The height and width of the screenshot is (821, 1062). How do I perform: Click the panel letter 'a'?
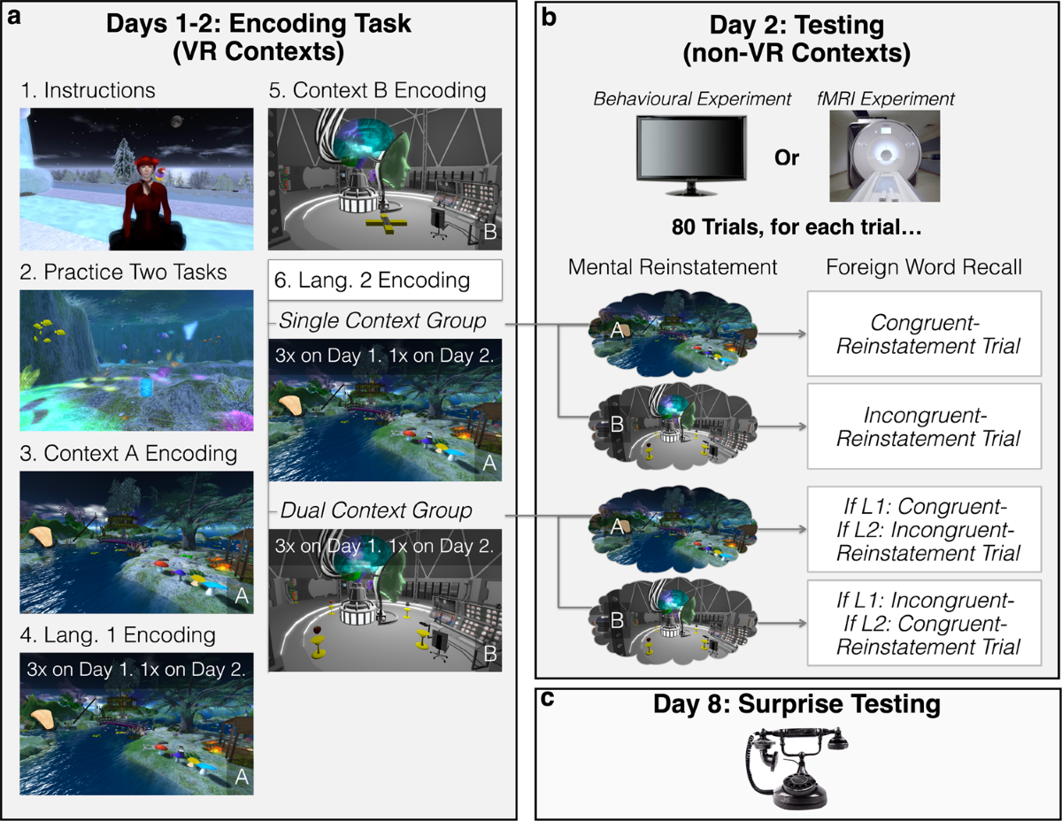(x=13, y=15)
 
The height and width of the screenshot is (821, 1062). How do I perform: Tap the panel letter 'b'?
(x=548, y=15)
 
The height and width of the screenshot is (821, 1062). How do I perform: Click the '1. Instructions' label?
(x=88, y=90)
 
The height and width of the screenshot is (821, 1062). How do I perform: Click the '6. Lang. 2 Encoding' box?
(x=384, y=280)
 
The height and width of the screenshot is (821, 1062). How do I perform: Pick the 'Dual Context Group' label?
(x=375, y=510)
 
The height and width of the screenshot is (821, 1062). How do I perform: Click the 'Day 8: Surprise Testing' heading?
(x=796, y=706)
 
